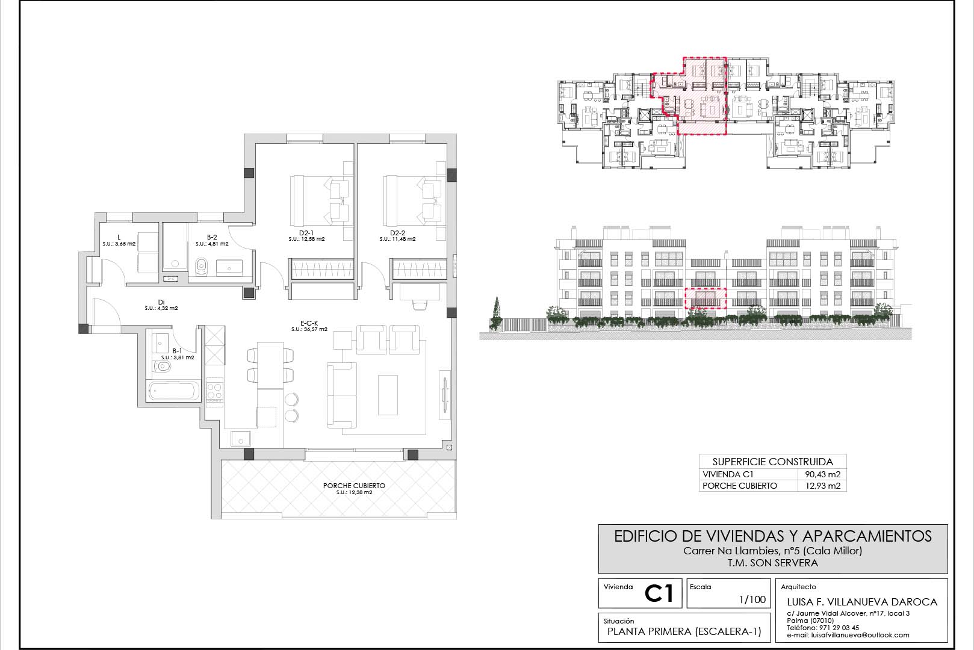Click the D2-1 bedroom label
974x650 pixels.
[306, 234]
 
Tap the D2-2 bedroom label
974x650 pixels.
[397, 234]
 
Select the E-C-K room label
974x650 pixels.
[309, 323]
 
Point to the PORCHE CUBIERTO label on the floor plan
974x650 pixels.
[354, 486]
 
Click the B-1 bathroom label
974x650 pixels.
[178, 351]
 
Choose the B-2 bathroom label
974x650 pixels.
[212, 237]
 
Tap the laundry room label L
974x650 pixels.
[119, 237]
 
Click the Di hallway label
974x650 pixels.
[161, 302]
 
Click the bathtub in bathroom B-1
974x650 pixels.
[173, 391]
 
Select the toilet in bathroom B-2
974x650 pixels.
[201, 266]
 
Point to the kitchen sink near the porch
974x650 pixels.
[240, 439]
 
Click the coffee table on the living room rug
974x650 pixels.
[388, 395]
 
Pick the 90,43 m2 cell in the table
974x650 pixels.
[823, 474]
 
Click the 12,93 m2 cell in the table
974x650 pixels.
[823, 486]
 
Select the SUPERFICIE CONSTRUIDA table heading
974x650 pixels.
[773, 462]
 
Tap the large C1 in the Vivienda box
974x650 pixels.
[659, 594]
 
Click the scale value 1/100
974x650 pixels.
[752, 599]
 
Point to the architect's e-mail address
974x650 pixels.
[848, 635]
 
